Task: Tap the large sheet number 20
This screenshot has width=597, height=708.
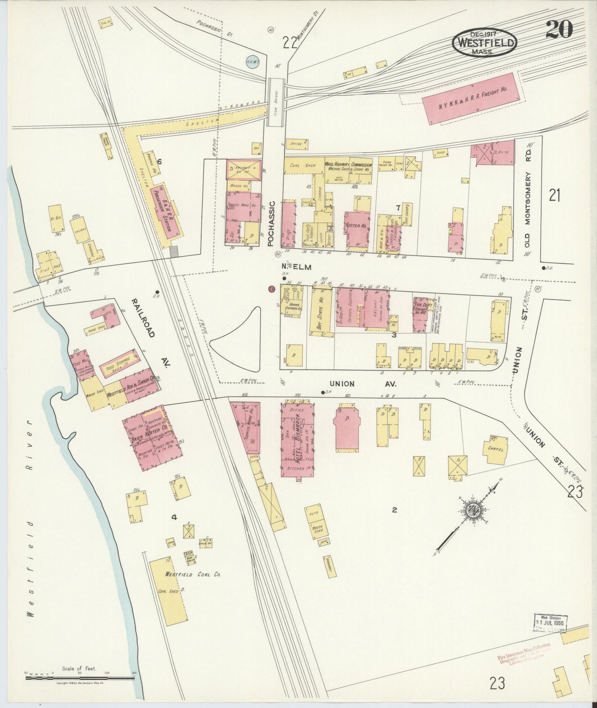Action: (559, 30)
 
